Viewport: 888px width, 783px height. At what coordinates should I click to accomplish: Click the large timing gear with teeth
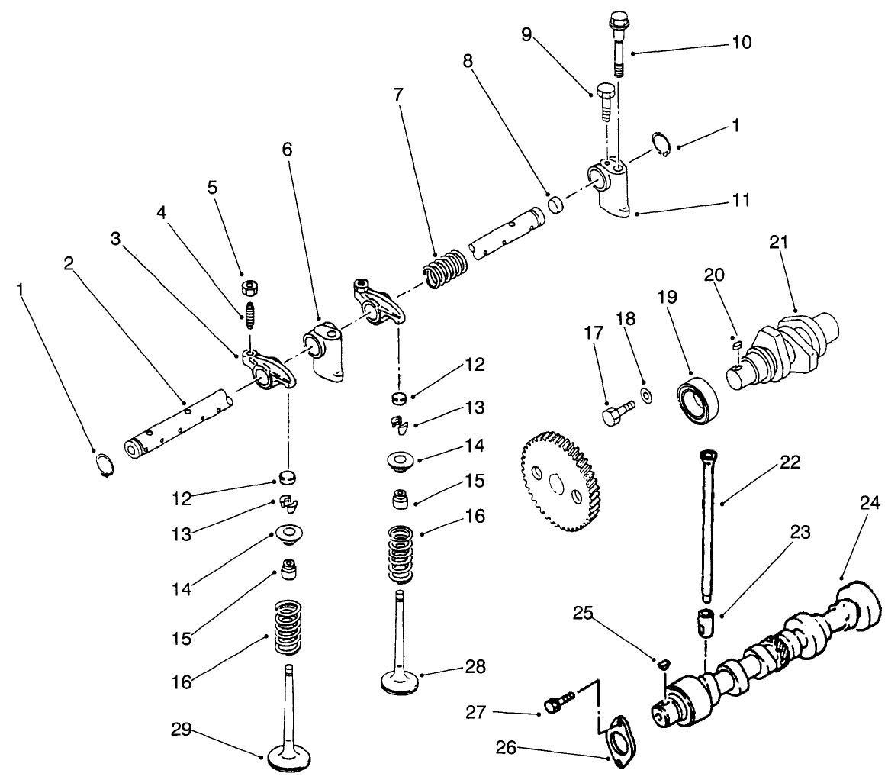556,482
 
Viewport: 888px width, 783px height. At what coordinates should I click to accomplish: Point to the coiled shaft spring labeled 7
445,269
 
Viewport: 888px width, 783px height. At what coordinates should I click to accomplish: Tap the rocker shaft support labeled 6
324,351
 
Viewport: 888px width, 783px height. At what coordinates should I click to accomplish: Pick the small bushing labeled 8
558,205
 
